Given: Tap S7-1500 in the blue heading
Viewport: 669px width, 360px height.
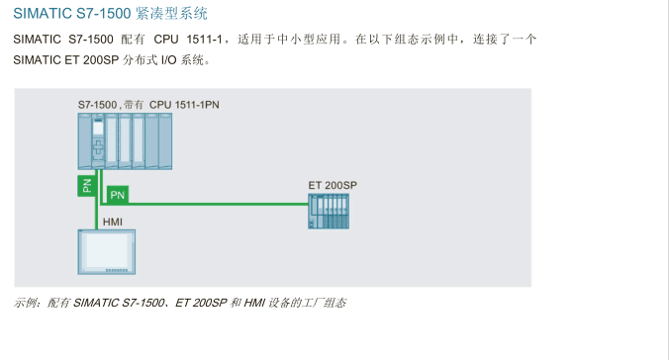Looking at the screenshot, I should tap(104, 14).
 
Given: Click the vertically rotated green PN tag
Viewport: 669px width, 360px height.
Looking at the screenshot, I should tap(86, 184).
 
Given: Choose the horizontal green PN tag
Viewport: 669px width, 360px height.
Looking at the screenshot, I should tap(117, 195).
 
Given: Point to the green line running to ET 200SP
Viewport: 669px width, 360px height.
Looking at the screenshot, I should tap(218, 205).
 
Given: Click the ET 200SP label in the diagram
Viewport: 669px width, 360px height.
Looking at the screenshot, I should tap(333, 186).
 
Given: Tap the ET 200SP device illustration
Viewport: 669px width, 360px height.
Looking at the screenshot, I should tap(329, 211).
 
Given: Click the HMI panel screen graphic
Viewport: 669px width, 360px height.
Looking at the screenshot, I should tap(106, 251).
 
